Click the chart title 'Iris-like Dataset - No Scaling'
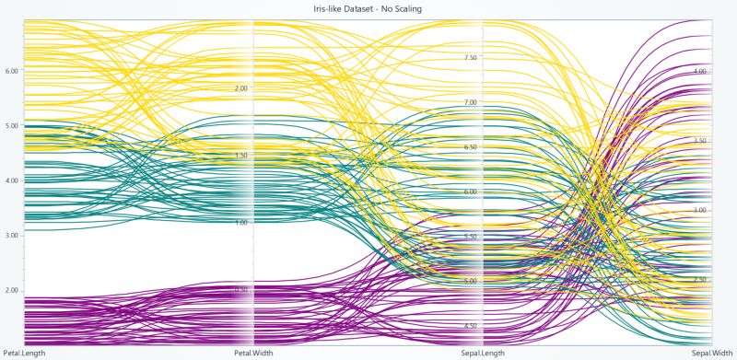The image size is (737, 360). coord(368,8)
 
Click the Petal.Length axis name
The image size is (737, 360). coord(24,353)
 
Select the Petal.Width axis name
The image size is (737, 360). coord(253,353)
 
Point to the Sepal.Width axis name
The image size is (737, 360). coord(711,353)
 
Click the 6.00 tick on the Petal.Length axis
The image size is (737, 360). coord(12,70)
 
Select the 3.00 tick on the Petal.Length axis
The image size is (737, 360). coord(12,236)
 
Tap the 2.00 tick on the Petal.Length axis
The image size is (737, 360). coord(12,290)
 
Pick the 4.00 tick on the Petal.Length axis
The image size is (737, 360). coord(12,180)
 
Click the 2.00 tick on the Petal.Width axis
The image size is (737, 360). coord(241,88)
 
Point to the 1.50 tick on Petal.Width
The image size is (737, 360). coord(241,156)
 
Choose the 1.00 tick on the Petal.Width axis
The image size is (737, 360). coord(241,223)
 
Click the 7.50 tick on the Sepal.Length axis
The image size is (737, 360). coord(470,57)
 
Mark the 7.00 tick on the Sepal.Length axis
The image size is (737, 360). coord(470,102)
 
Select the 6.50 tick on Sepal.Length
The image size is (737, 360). coord(470,147)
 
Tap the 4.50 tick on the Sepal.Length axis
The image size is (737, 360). coord(470,327)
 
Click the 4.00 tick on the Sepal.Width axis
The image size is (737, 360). coord(699,71)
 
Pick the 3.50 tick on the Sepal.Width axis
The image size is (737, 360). coord(699,141)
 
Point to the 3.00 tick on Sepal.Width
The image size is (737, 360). coord(699,211)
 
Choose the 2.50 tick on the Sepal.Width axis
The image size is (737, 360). coord(699,280)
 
